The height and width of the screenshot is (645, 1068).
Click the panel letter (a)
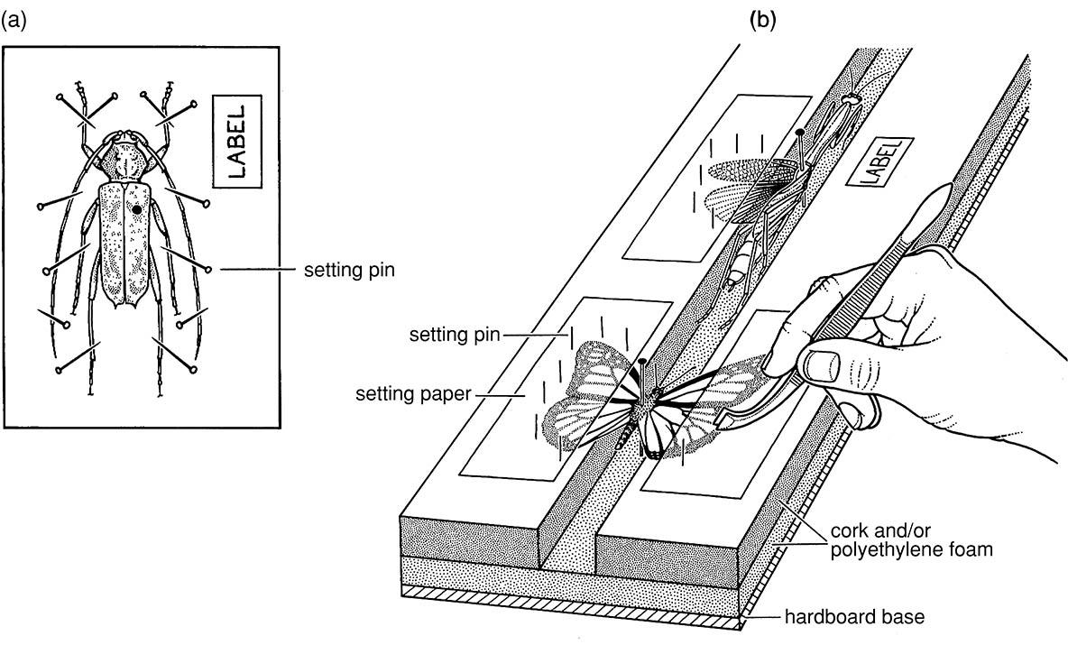pyautogui.click(x=14, y=21)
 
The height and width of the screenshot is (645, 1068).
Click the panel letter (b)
pyautogui.click(x=762, y=21)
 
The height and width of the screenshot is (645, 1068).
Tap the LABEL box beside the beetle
pyautogui.click(x=237, y=141)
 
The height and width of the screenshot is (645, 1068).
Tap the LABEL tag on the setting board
pyautogui.click(x=878, y=162)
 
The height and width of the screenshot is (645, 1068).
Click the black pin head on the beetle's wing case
pyautogui.click(x=137, y=210)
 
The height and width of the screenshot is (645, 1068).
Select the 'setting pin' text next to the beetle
pyautogui.click(x=349, y=271)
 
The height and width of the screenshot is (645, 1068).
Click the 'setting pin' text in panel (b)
pyautogui.click(x=455, y=335)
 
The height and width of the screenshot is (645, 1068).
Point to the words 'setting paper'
pyautogui.click(x=413, y=394)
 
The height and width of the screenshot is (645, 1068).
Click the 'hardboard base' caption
pyautogui.click(x=855, y=617)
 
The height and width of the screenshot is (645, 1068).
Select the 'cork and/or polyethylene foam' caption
pyautogui.click(x=911, y=540)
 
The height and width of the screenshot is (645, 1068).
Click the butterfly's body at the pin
pyautogui.click(x=643, y=410)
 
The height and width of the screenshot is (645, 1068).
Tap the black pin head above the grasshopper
pyautogui.click(x=800, y=132)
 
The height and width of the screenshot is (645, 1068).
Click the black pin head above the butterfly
pyautogui.click(x=642, y=361)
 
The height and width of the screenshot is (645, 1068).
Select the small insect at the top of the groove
pyautogui.click(x=852, y=97)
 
